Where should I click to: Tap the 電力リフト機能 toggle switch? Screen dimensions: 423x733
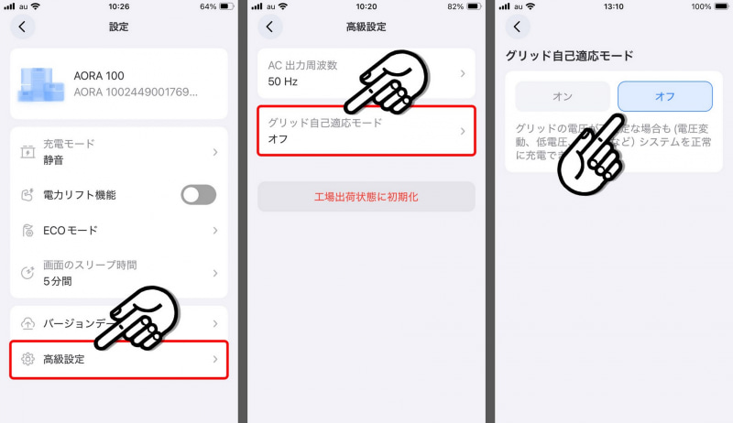click(199, 194)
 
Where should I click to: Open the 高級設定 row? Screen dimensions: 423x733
click(119, 359)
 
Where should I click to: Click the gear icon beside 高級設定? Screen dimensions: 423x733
click(27, 359)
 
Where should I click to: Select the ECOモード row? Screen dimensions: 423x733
click(119, 230)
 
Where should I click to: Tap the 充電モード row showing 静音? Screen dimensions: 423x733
click(119, 151)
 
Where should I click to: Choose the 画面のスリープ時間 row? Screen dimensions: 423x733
click(119, 273)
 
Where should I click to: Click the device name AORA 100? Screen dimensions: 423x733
click(98, 75)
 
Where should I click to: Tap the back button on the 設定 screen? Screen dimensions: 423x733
click(22, 27)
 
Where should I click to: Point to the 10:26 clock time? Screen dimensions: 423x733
click(118, 6)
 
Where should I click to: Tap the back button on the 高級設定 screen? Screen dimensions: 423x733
click(269, 27)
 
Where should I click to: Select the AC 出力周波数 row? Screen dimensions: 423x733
click(366, 72)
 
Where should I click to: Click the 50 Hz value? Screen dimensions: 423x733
click(282, 81)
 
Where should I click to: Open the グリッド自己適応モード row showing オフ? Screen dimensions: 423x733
click(366, 131)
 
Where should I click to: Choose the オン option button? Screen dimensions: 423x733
click(562, 96)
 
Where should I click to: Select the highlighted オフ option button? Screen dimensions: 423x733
click(664, 96)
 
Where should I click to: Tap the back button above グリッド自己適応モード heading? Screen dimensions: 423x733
click(518, 27)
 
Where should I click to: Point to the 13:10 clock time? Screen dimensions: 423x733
click(613, 6)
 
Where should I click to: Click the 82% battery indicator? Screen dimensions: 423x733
click(459, 6)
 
